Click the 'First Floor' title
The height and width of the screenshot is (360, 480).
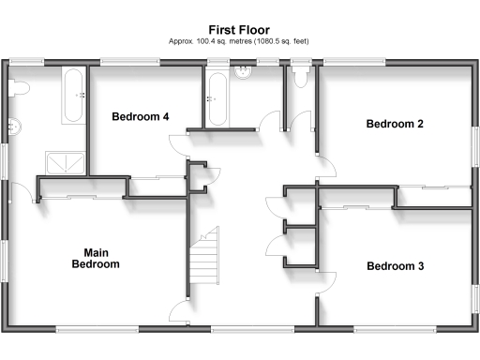point(239,30)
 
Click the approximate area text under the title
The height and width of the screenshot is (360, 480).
point(239,42)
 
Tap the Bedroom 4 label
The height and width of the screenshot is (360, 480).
point(141,117)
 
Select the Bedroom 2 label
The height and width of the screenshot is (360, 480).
point(395,124)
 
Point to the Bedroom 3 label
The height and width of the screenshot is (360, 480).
point(395,266)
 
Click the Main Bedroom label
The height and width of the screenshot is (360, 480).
point(96,259)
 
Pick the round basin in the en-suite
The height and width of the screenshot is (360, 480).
point(13,125)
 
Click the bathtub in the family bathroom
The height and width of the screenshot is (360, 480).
point(217,100)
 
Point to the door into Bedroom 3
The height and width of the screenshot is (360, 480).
point(327,278)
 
